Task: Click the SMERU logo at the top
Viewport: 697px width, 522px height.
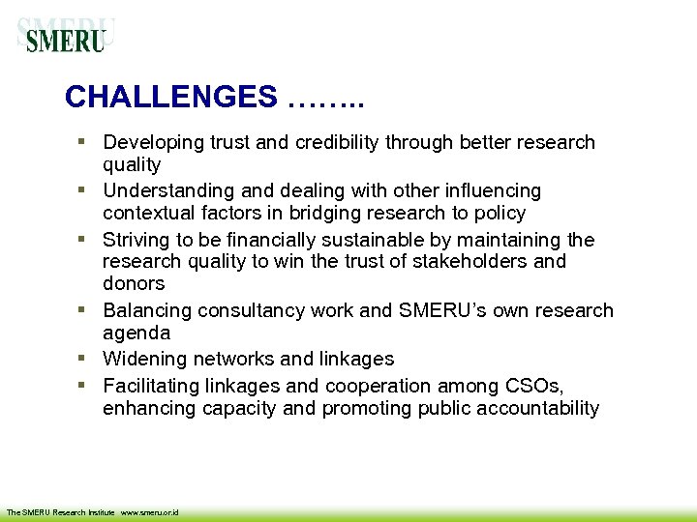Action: (65, 36)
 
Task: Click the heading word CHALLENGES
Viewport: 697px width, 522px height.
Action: (170, 97)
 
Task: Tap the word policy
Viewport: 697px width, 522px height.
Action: (497, 213)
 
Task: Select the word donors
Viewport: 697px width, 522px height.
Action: (134, 283)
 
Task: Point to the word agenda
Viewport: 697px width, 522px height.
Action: (136, 333)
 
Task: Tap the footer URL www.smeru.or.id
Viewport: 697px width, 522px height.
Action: (150, 511)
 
